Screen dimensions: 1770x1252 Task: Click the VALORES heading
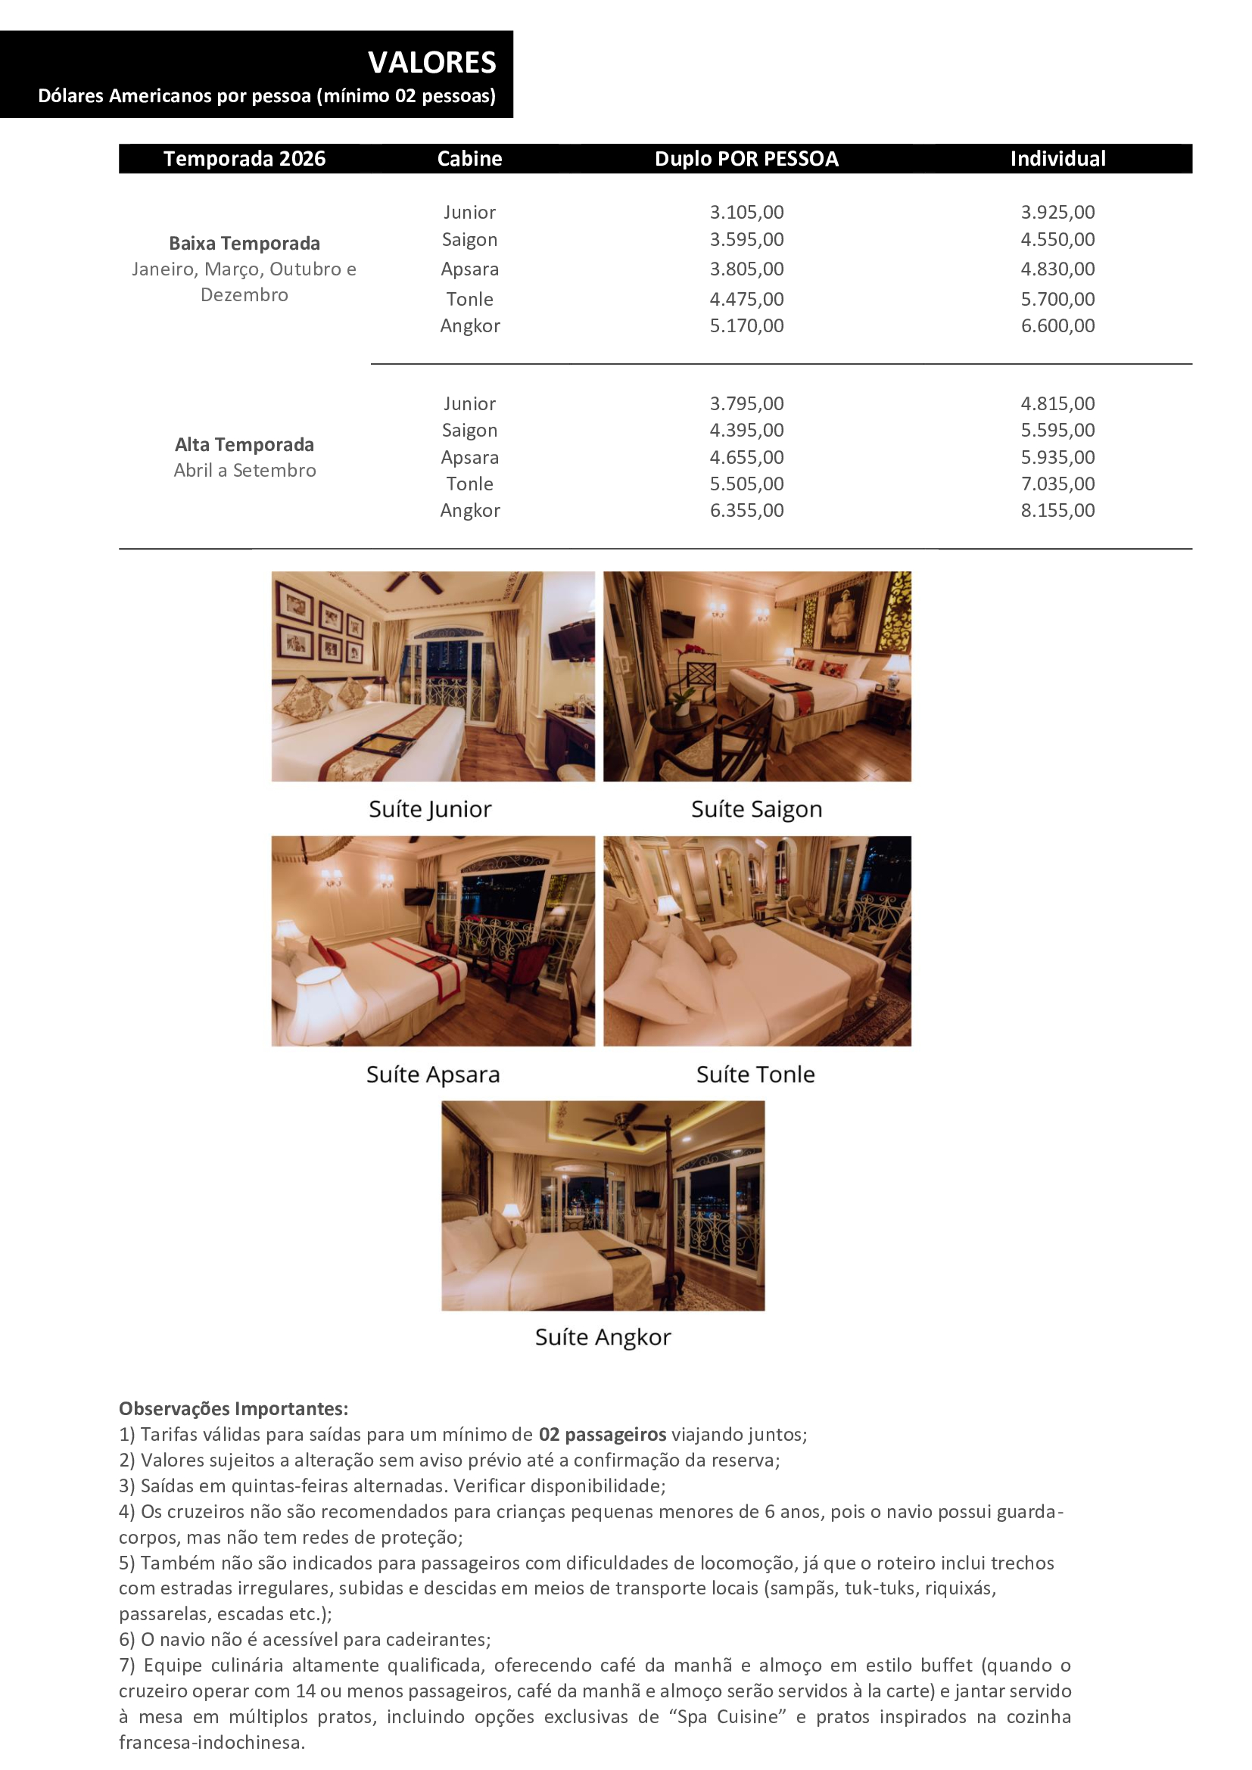point(431,63)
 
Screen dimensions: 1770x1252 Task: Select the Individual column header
point(1057,159)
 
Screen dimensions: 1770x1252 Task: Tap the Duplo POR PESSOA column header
point(746,159)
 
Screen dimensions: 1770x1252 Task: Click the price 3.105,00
point(746,212)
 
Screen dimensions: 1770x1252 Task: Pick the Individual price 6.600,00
point(1057,325)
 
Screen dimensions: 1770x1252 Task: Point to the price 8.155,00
point(1057,510)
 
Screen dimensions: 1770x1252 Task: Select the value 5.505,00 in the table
point(746,484)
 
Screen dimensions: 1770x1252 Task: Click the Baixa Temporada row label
point(244,243)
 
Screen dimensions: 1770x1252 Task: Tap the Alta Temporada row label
point(244,444)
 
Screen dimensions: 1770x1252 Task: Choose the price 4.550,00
point(1057,240)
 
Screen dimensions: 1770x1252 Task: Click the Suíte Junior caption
point(429,809)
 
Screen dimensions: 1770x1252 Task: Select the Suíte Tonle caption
point(755,1074)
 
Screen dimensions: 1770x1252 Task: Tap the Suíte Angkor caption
point(602,1336)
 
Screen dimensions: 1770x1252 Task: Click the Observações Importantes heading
point(233,1408)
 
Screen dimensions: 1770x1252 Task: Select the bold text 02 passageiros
point(601,1434)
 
